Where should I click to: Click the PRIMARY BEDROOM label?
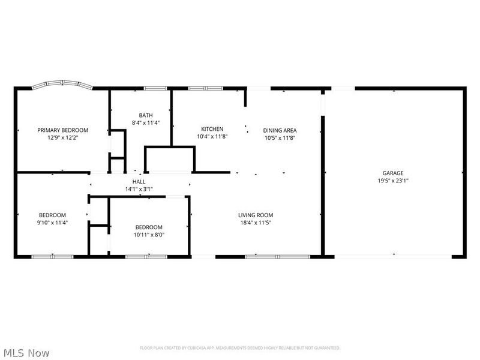click(x=63, y=130)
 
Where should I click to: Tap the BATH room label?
click(x=145, y=115)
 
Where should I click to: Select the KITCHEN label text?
click(x=212, y=129)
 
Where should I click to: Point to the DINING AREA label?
click(x=280, y=130)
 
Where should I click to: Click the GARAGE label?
click(x=394, y=173)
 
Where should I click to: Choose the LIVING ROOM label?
click(x=256, y=215)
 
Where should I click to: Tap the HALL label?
click(x=139, y=182)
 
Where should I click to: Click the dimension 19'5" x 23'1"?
click(x=394, y=180)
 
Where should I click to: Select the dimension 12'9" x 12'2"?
click(x=63, y=137)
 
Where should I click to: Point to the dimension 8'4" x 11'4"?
click(x=145, y=122)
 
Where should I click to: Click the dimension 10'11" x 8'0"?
click(x=148, y=235)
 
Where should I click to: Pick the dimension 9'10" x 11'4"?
click(x=53, y=223)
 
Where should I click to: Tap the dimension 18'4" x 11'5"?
click(x=256, y=223)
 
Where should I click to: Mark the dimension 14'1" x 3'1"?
click(x=139, y=190)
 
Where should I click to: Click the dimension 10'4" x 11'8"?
click(x=212, y=136)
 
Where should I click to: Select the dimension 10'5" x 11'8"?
click(x=280, y=137)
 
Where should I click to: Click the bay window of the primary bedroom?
click(x=62, y=85)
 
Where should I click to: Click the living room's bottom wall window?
click(x=277, y=257)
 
